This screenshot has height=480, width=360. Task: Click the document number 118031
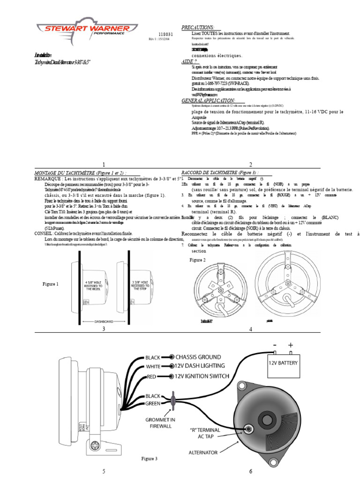click(x=165, y=35)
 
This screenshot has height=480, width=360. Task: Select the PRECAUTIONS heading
click(x=198, y=28)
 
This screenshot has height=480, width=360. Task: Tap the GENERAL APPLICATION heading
click(x=213, y=101)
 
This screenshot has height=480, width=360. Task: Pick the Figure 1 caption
click(x=51, y=284)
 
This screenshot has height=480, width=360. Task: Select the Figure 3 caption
click(x=150, y=458)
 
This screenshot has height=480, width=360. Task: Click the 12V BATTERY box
click(x=283, y=362)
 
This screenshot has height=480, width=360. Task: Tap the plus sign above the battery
click(x=291, y=345)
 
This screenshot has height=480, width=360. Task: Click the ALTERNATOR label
click(x=203, y=452)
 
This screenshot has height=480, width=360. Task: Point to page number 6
click(x=251, y=471)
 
